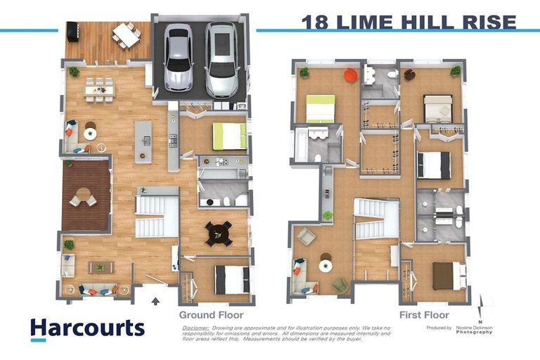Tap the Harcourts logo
coord(87,328)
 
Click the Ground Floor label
coord(211,315)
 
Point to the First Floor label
coord(424,315)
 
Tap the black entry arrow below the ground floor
coord(155,300)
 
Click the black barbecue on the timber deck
coord(72,32)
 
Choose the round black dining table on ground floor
coord(219,233)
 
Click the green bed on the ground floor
coord(229,136)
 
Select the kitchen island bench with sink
coord(143,141)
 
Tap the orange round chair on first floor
coord(349,75)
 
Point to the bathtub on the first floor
coord(301,146)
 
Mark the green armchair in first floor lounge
coord(340,285)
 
